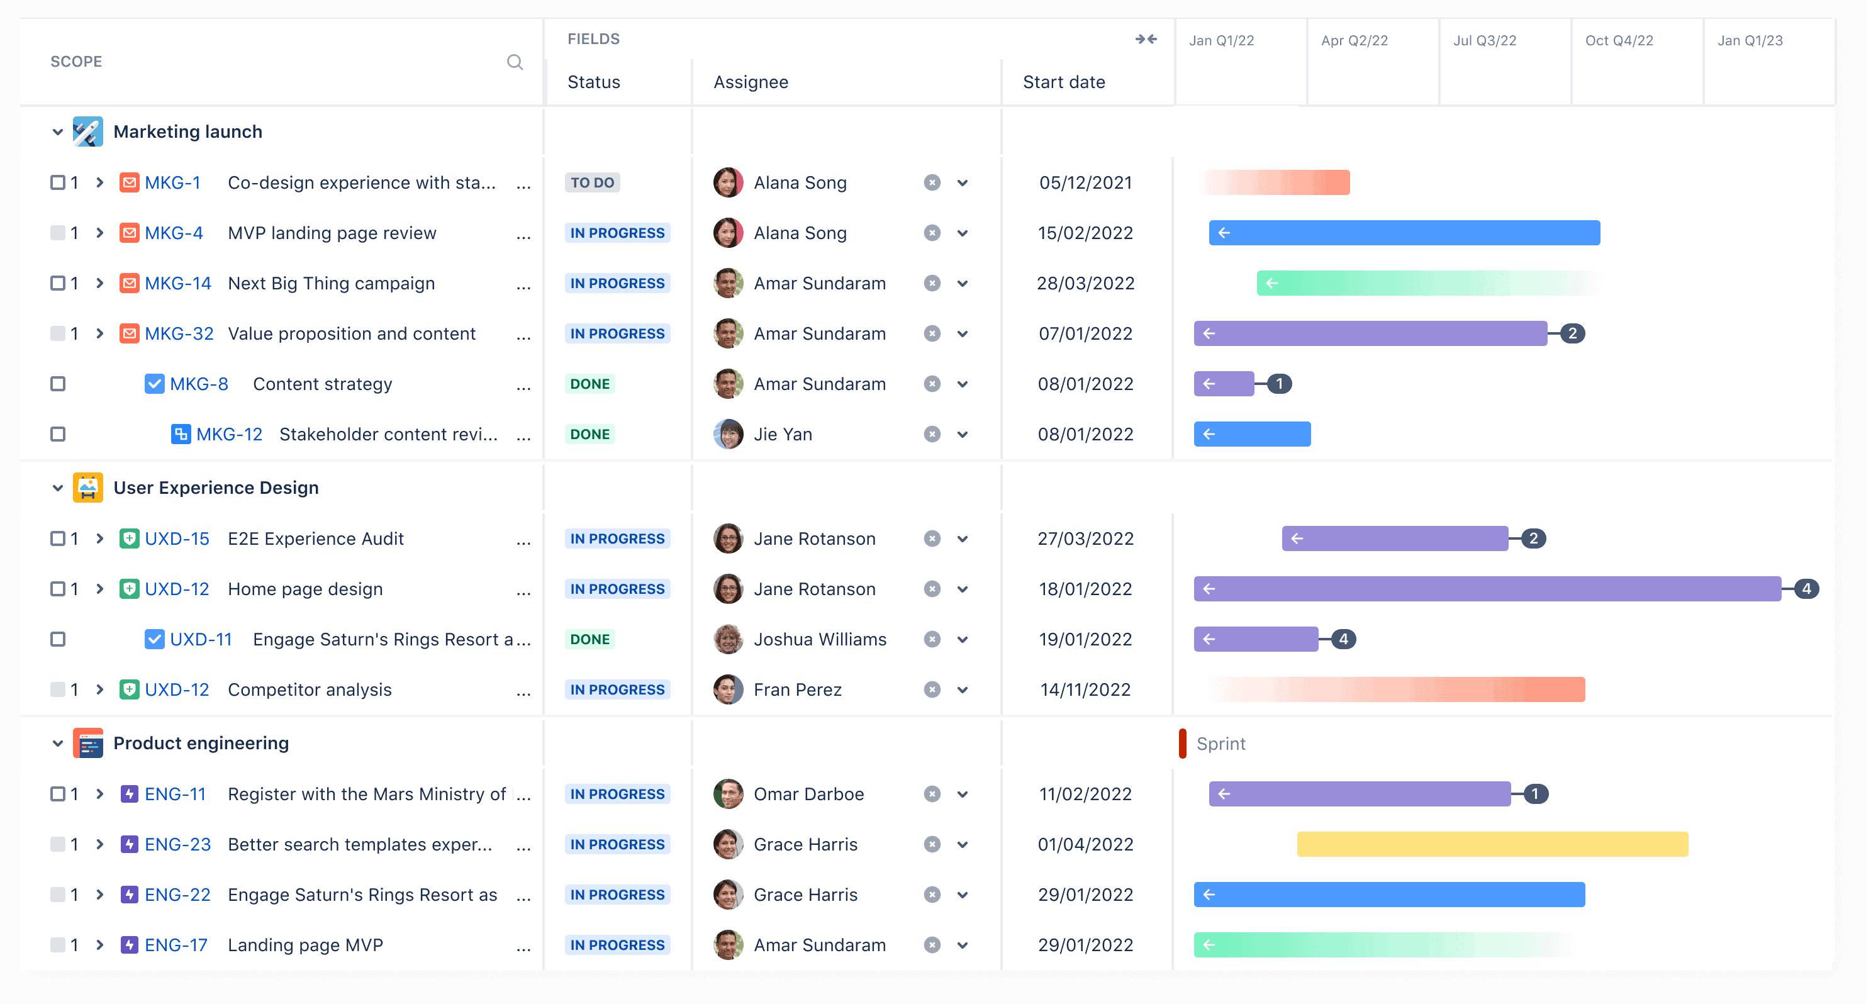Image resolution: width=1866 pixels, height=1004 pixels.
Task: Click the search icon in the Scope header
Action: click(x=514, y=62)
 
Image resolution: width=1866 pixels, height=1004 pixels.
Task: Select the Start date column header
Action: click(x=1063, y=82)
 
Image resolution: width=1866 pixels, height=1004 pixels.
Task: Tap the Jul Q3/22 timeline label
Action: click(x=1484, y=40)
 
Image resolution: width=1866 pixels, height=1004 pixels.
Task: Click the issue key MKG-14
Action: click(x=177, y=283)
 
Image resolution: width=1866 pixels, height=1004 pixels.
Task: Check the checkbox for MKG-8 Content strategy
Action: click(x=58, y=384)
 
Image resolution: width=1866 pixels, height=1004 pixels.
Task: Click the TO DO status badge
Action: click(x=592, y=182)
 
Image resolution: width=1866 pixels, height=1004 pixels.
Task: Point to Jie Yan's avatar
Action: click(x=728, y=435)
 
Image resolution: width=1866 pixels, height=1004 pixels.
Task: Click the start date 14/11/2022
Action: click(x=1085, y=689)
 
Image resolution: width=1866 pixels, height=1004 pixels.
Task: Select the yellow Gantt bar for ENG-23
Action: click(x=1492, y=845)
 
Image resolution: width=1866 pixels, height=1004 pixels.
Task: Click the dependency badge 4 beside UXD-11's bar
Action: click(x=1343, y=640)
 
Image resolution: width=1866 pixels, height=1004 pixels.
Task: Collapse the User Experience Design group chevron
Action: click(x=58, y=488)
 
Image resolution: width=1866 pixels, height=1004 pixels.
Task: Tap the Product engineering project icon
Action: click(x=88, y=743)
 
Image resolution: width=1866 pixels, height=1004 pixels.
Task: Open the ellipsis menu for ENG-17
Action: click(x=523, y=946)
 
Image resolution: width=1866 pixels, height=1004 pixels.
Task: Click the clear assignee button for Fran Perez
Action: click(x=932, y=689)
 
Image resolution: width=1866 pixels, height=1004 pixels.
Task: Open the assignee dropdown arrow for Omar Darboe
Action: click(x=962, y=795)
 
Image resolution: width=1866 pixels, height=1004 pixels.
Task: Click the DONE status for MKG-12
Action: click(x=589, y=435)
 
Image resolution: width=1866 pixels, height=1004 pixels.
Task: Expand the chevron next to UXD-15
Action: click(x=100, y=539)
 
